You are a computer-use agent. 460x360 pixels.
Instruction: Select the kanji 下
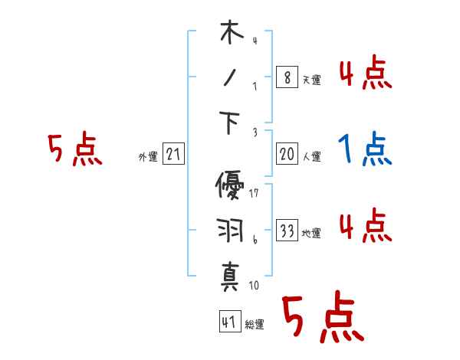[231, 122]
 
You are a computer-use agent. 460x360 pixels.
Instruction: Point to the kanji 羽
[231, 231]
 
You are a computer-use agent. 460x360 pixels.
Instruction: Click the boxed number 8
[287, 77]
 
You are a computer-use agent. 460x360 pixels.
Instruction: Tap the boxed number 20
[287, 155]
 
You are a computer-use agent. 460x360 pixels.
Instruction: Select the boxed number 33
[287, 231]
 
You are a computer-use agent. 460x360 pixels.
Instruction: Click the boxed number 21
[173, 155]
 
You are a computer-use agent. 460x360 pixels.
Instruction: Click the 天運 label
[311, 80]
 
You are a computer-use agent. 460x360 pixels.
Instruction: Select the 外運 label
[148, 157]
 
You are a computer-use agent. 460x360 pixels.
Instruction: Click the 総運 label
[254, 324]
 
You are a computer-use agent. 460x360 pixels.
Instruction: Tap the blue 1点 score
[364, 149]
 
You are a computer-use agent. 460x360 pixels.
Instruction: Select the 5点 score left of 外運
[74, 149]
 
